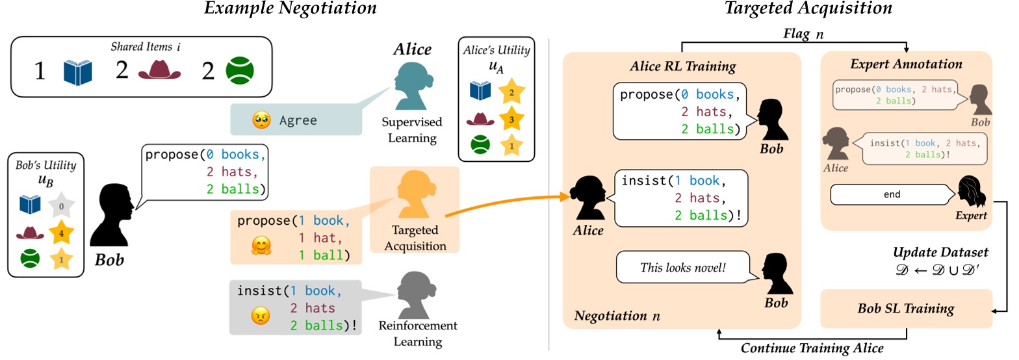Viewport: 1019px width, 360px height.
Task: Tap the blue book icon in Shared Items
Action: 77,71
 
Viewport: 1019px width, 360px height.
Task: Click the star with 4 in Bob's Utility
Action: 62,232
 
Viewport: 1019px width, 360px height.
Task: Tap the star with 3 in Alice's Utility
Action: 510,120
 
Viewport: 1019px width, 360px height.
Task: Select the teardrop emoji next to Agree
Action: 261,120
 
